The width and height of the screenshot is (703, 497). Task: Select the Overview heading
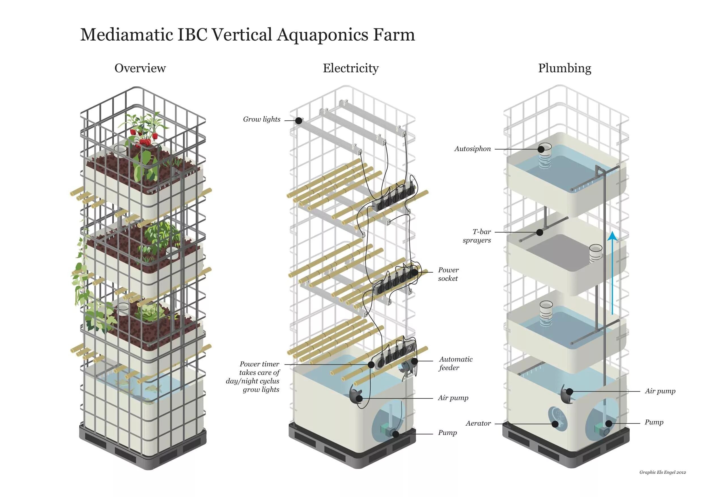coord(140,68)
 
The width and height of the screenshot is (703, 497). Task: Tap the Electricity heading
coord(351,68)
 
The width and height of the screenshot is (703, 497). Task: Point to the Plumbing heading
coord(565,68)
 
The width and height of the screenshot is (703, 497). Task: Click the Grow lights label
coord(262,119)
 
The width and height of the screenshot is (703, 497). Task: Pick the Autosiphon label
coord(472,149)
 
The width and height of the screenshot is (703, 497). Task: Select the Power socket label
coord(448,274)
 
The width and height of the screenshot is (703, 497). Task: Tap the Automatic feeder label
coord(456,363)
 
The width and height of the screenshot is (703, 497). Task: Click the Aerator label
coord(478,424)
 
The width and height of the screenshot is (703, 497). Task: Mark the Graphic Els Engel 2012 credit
coord(662,472)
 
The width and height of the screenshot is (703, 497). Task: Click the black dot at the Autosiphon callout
coord(541,149)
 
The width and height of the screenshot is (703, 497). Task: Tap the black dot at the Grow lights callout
coord(299,121)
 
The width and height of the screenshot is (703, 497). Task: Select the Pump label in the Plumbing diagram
coord(654,422)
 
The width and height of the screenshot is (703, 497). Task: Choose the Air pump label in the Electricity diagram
coord(453,398)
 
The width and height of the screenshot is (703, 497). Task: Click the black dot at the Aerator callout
coord(555,424)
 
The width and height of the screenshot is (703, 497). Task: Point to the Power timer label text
coord(259,376)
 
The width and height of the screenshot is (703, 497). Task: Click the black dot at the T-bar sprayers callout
coord(540,232)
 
